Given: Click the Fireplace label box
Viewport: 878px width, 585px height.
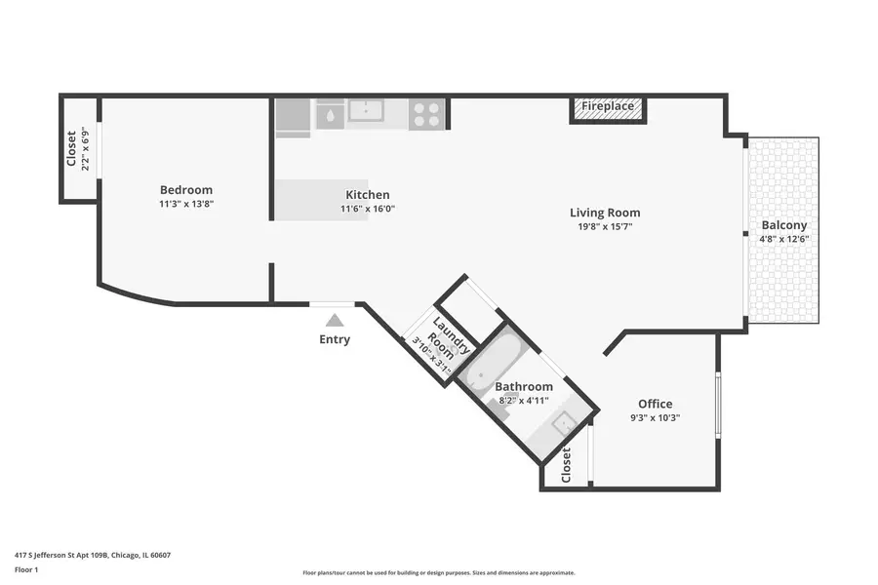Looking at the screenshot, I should pos(608,107).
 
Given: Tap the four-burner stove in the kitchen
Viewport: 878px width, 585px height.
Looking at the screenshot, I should pos(426,115).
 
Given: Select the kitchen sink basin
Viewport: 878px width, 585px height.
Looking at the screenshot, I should pos(366,111).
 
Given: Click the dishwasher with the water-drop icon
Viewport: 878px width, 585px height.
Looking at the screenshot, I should pos(330,116).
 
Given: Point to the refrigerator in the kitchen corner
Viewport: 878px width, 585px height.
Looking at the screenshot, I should pos(293,115).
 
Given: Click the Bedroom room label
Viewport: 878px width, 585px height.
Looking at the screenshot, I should pos(186,190).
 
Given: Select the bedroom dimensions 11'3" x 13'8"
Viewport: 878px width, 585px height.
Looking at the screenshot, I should pos(186,205).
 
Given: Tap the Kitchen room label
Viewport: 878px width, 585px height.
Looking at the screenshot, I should pos(368,195).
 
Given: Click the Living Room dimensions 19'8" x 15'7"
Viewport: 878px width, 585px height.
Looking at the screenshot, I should pos(605,227).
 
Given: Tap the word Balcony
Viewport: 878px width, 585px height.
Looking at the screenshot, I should pos(784,225).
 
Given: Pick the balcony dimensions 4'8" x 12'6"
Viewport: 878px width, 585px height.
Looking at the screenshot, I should pos(784,239).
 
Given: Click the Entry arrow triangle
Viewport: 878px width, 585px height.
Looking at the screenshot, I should pos(335,319).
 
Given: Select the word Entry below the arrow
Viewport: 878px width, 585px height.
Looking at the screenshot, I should pos(335,339).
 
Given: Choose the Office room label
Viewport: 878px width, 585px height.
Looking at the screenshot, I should pos(655,404).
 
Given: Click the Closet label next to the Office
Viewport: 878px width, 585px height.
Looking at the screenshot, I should pos(566,465).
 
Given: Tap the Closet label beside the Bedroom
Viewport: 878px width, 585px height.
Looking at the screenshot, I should pos(71,148).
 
